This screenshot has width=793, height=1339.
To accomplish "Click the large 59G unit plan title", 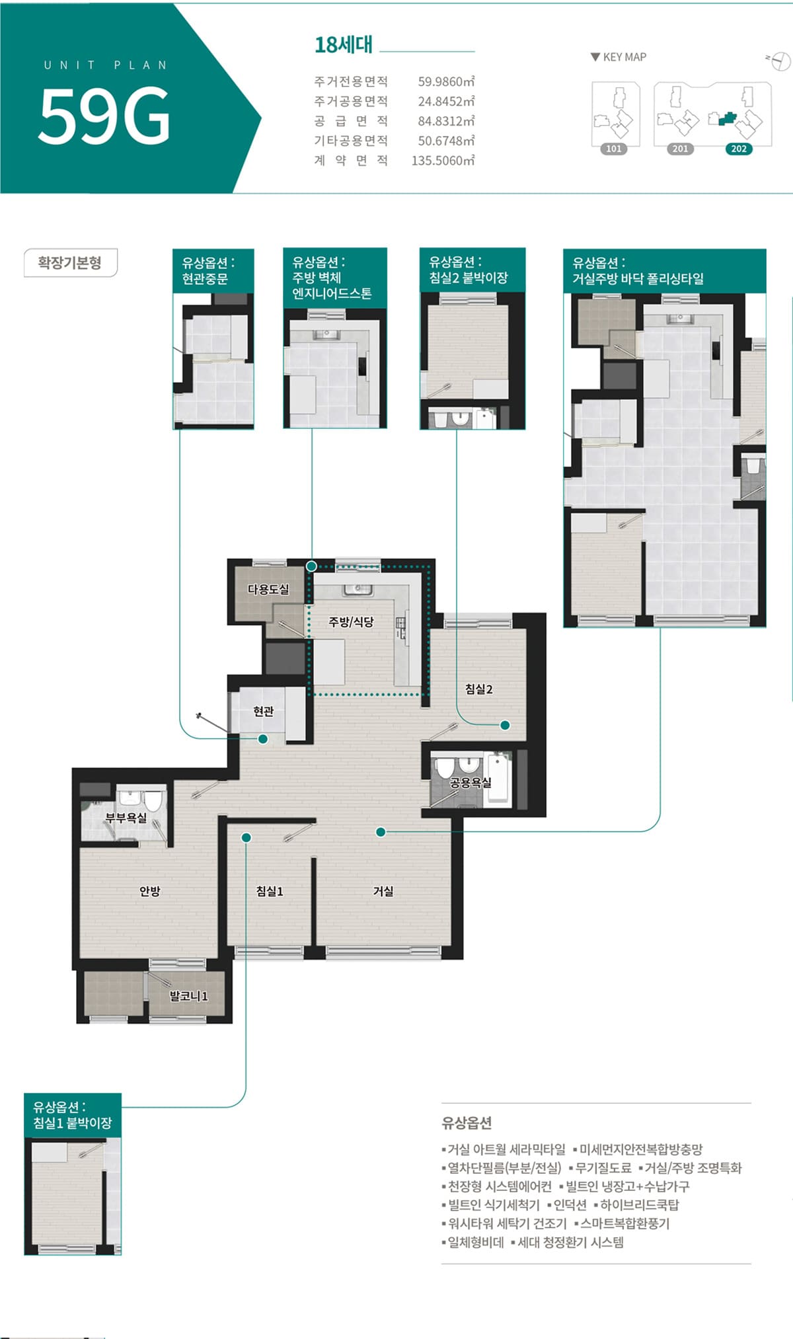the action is [x=104, y=116].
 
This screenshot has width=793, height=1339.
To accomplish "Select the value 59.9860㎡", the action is [x=446, y=81].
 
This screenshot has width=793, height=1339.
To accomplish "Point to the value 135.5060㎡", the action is [x=443, y=161].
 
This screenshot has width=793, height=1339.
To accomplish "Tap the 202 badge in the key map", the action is [x=739, y=149].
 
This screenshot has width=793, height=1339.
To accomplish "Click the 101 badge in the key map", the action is [x=614, y=149].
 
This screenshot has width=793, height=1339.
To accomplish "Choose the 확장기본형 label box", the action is [x=70, y=263].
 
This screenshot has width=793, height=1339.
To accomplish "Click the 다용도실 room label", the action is [x=268, y=589].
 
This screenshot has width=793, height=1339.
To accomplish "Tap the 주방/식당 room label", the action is [x=351, y=621].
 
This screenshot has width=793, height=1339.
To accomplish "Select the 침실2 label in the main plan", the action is [x=478, y=689].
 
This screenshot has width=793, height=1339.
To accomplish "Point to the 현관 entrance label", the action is [x=263, y=711].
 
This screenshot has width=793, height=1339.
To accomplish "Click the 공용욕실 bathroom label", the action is [x=471, y=783].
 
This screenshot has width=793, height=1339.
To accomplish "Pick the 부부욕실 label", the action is [x=126, y=818].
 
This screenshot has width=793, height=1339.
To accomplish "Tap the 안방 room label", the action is [x=150, y=891].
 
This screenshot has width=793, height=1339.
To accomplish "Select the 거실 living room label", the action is [x=383, y=891].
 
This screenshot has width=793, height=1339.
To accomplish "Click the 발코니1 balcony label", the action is [x=189, y=995].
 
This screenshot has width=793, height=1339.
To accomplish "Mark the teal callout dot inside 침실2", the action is [x=505, y=725].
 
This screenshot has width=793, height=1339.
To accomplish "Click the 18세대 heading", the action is [x=344, y=45].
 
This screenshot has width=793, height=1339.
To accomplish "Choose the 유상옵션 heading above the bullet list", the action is [x=467, y=1122].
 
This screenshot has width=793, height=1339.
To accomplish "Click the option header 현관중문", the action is [x=206, y=278].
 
